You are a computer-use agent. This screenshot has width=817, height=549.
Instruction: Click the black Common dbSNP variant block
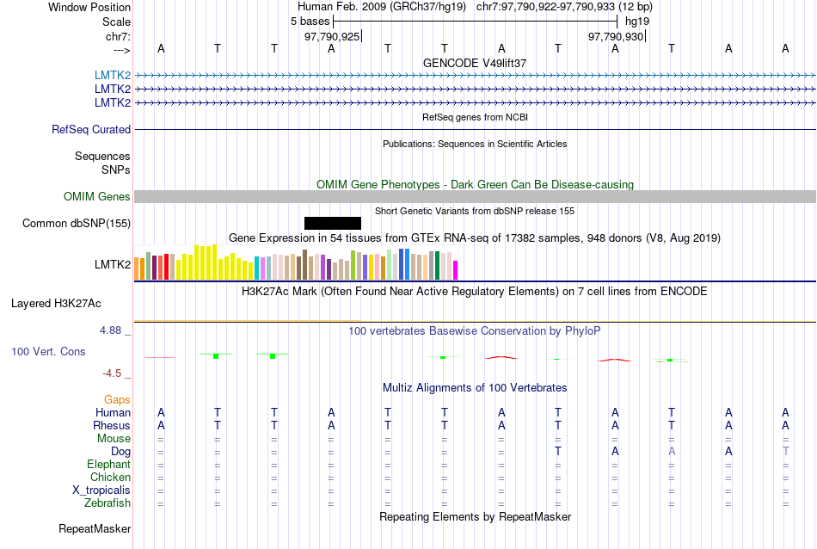pos(333,223)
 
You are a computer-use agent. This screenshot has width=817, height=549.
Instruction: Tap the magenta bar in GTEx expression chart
pos(456,270)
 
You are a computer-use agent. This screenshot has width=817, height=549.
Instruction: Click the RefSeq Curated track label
pos(91,130)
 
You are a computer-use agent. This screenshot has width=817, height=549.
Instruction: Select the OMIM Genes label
pos(97,197)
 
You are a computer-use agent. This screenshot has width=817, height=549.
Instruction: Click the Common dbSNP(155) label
pos(76,224)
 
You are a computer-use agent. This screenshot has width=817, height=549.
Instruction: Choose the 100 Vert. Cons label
pos(48,352)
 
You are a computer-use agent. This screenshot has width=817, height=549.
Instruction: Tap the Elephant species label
pos(108,465)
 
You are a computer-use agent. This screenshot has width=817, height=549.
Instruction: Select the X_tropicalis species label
pos(102,490)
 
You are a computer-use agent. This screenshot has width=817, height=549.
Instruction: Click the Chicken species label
pos(111,478)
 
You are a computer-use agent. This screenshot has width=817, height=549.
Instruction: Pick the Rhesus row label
pos(112,426)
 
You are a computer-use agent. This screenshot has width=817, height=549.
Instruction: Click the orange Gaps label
pos(117,400)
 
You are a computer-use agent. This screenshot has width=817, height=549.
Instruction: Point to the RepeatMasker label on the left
pos(95,528)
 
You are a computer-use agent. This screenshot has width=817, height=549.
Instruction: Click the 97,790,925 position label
pos(332,37)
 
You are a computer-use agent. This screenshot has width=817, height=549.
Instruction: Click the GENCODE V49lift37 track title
pos(475,64)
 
